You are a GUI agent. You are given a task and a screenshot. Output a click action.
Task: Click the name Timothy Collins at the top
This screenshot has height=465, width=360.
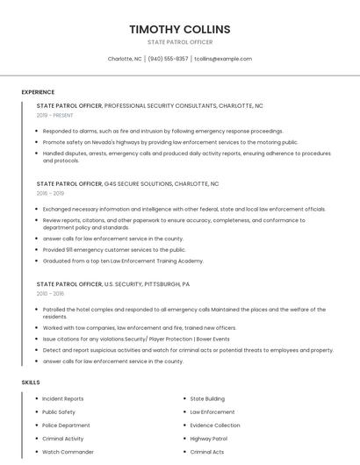(180, 29)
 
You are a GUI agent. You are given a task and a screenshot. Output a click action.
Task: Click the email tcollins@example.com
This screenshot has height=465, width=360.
(223, 59)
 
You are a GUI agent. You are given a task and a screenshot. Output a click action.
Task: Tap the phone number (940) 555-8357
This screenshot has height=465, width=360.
(168, 59)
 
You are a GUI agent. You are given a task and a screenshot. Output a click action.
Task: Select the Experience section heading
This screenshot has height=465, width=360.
(38, 92)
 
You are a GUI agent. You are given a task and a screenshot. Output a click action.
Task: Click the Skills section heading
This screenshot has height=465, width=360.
(31, 383)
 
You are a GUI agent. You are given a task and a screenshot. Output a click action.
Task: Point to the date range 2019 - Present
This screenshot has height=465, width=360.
(54, 115)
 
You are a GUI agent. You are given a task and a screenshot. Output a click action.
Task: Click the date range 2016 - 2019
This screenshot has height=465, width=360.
(50, 193)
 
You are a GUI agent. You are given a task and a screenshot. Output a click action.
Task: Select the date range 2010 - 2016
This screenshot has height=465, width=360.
(50, 294)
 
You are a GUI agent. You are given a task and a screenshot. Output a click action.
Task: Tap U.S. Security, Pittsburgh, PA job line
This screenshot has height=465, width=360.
(147, 284)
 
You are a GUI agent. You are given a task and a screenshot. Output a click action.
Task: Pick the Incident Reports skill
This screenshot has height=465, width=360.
(63, 399)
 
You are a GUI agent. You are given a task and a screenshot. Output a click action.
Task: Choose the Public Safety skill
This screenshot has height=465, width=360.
(59, 412)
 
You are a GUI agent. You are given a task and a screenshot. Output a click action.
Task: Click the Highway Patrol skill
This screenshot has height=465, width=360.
(209, 439)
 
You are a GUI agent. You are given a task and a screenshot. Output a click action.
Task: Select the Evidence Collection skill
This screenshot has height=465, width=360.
(215, 426)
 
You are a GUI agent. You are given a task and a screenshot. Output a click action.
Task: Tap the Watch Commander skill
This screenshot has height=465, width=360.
(68, 452)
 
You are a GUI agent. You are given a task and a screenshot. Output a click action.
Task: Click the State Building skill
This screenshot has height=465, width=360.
(207, 399)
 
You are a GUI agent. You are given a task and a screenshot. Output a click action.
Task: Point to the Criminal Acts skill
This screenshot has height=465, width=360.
(207, 452)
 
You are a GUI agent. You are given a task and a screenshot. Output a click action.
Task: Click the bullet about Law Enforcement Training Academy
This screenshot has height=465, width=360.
(123, 261)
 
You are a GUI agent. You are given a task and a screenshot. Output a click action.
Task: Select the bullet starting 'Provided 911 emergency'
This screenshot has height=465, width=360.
(114, 249)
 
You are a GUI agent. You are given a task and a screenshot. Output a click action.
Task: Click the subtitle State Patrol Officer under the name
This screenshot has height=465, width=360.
(180, 42)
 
